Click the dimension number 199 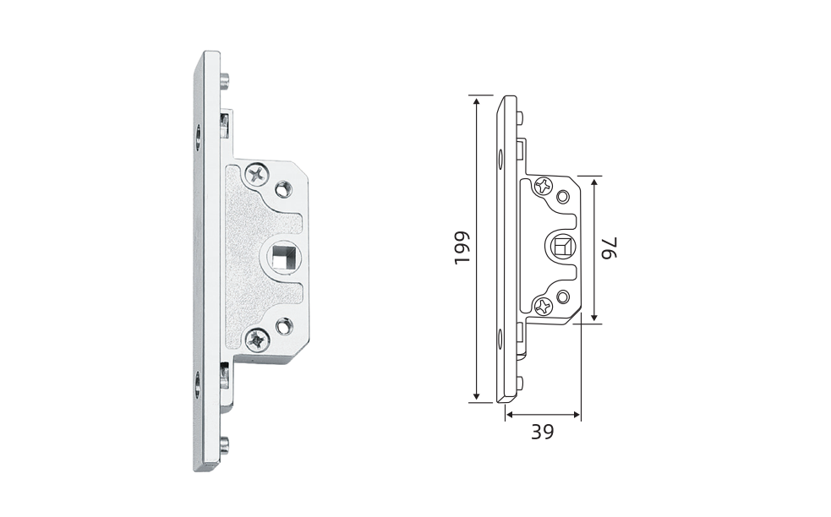tap(462, 248)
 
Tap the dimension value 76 tap(609, 248)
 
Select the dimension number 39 tap(542, 433)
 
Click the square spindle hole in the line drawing tap(560, 248)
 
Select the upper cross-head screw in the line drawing tap(544, 185)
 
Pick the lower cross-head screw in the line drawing tap(544, 305)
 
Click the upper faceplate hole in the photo tap(198, 137)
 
